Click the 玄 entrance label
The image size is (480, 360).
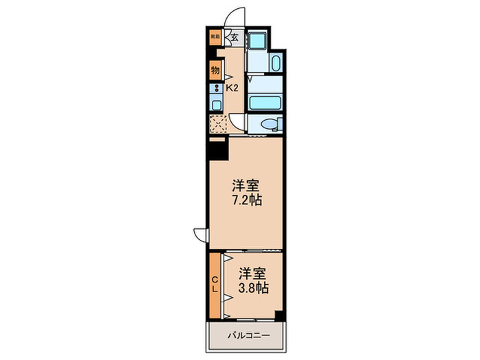click(x=235, y=38)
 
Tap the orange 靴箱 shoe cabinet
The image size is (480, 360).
click(x=215, y=38)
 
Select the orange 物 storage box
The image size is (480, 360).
click(x=215, y=69)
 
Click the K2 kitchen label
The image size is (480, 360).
click(x=232, y=88)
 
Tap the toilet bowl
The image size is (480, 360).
click(x=270, y=124)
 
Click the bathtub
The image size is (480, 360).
click(x=265, y=104)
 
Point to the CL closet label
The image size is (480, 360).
click(x=215, y=284)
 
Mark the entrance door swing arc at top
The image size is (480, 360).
click(x=236, y=16)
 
